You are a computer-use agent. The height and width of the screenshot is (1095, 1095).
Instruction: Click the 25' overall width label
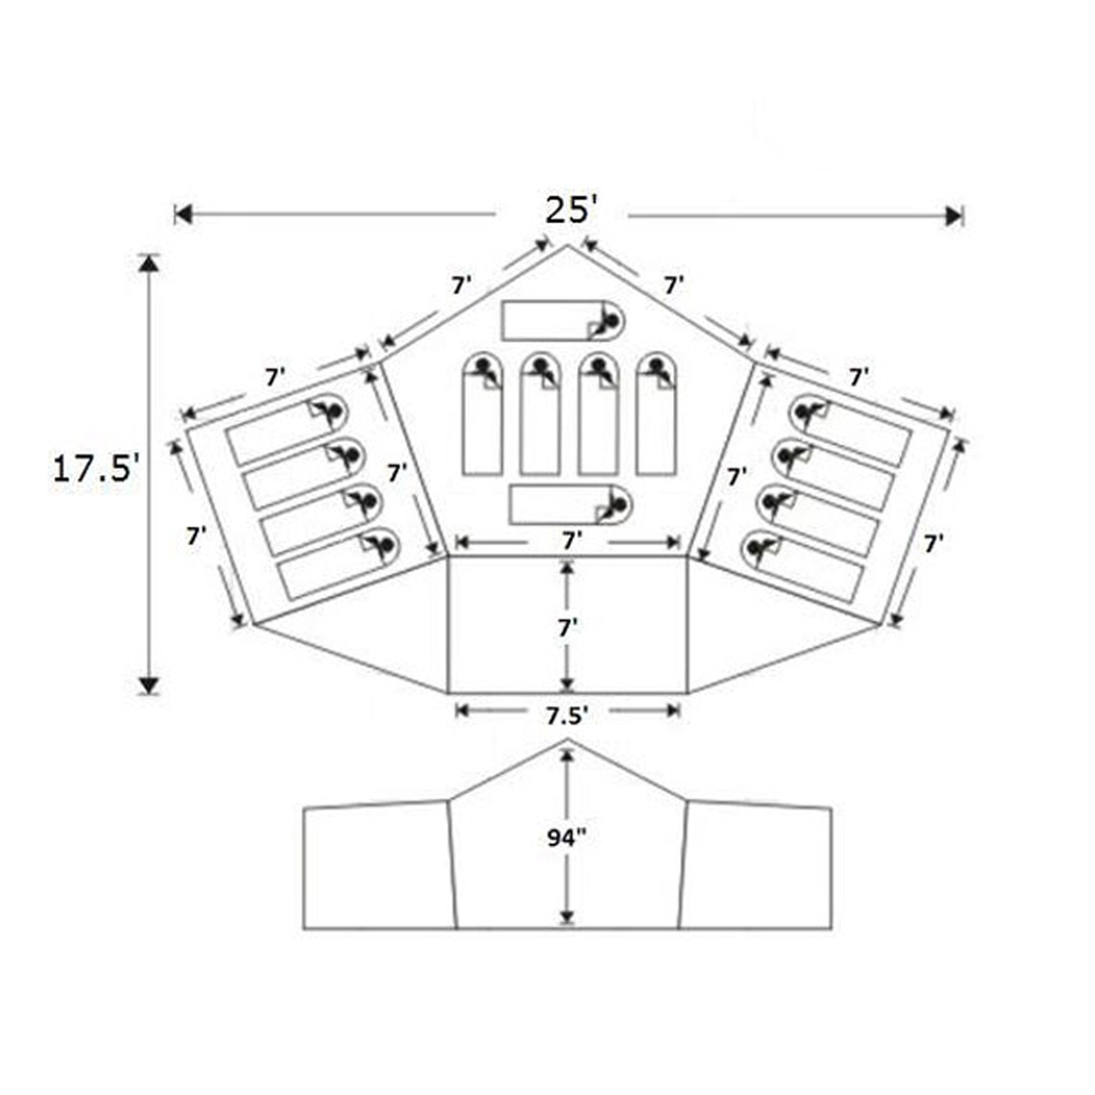pyautogui.click(x=571, y=211)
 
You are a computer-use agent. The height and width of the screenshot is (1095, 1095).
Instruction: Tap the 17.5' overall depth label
pyautogui.click(x=95, y=470)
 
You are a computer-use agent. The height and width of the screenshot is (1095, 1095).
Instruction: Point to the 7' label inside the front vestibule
pyautogui.click(x=567, y=629)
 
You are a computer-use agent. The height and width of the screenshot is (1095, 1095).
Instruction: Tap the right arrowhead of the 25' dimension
pyautogui.click(x=953, y=215)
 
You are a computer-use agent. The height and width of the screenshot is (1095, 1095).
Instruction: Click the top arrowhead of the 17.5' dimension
pyautogui.click(x=148, y=264)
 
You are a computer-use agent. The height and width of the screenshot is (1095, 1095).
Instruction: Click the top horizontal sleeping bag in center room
pyautogui.click(x=563, y=320)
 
